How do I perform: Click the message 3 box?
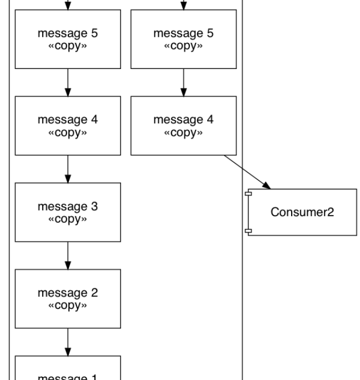pos(68,212)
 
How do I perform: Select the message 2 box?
pos(68,299)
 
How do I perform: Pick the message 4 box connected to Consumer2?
pos(183,126)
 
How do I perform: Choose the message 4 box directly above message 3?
pos(68,126)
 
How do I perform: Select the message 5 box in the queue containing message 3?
pos(68,39)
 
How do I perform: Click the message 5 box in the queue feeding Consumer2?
pos(183,39)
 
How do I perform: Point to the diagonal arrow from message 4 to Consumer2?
pos(247,172)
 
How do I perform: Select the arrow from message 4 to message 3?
pos(68,169)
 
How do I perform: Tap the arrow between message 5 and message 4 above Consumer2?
pos(183,83)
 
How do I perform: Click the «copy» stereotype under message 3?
pos(68,219)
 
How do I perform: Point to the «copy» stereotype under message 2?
pos(68,306)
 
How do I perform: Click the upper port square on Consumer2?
pos(248,194)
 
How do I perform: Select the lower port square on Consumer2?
pos(248,231)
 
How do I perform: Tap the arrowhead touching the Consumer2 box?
pos(267,186)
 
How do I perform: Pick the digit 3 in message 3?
pos(95,207)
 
